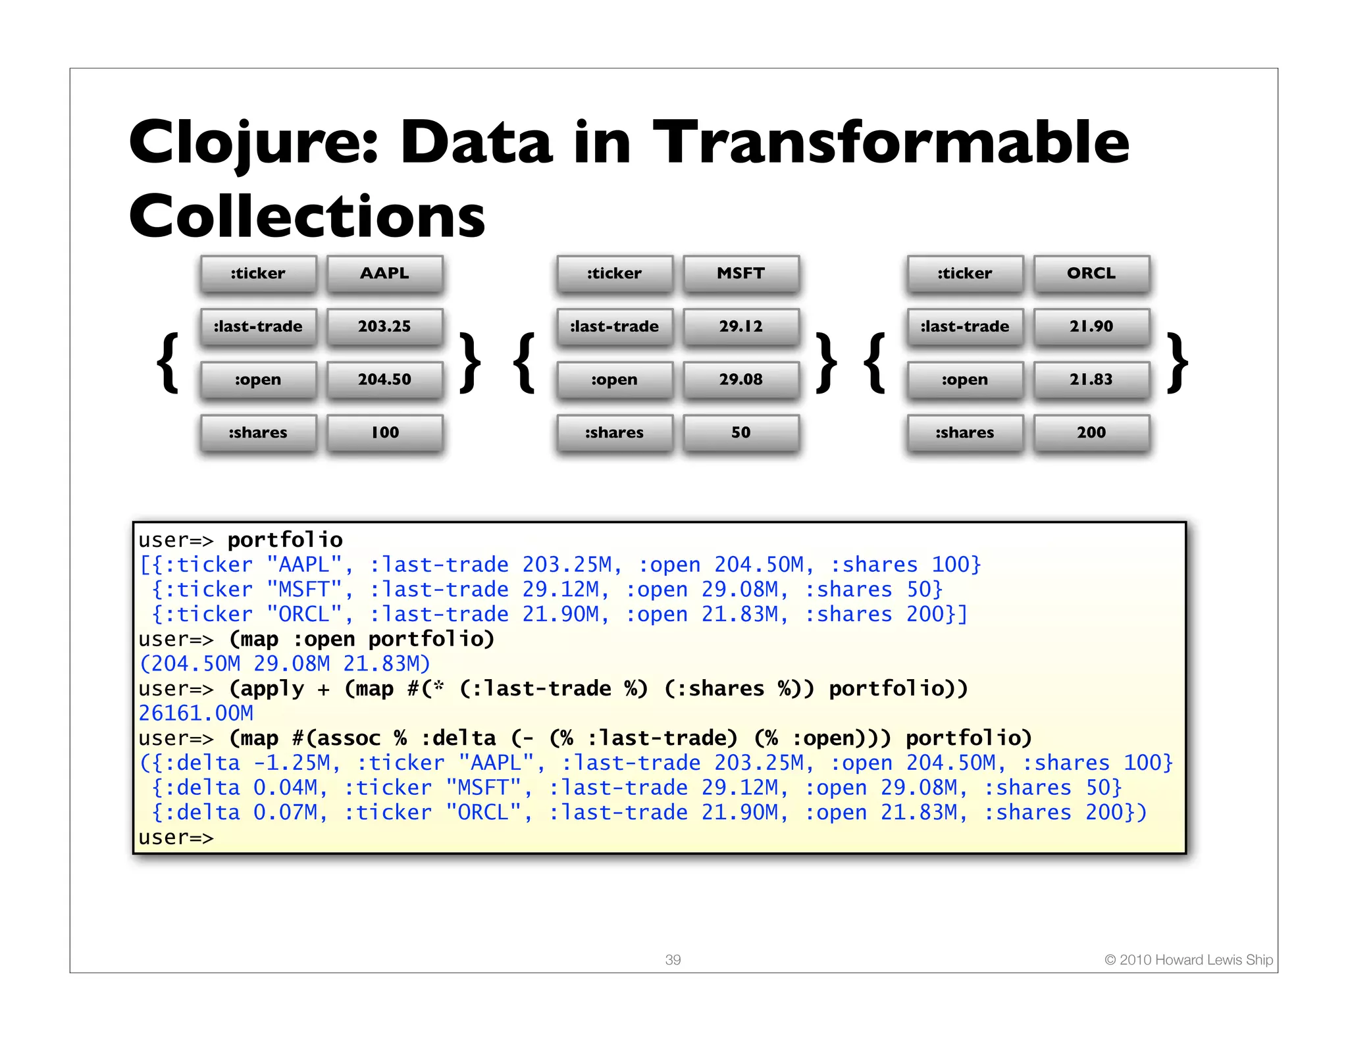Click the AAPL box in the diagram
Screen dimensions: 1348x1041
[384, 273]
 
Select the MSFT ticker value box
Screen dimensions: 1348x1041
[740, 273]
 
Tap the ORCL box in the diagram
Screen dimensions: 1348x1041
[1091, 273]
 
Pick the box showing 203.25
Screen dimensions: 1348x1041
[384, 326]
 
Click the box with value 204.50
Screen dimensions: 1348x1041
[384, 380]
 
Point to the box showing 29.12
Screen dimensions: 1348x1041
[740, 326]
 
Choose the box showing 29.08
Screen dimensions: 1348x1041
[740, 380]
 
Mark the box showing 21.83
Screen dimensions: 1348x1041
[1091, 380]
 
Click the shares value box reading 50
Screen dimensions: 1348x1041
[740, 432]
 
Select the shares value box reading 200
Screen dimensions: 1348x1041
[1091, 432]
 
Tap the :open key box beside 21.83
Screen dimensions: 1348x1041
[964, 380]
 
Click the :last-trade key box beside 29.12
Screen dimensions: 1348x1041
[614, 326]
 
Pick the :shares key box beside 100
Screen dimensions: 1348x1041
[258, 432]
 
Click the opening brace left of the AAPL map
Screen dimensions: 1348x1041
[168, 363]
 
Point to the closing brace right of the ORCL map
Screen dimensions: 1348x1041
[1177, 363]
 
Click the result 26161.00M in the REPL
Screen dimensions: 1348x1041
[196, 713]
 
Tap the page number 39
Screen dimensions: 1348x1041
[673, 959]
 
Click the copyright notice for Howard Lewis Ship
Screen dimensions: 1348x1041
[1189, 959]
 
